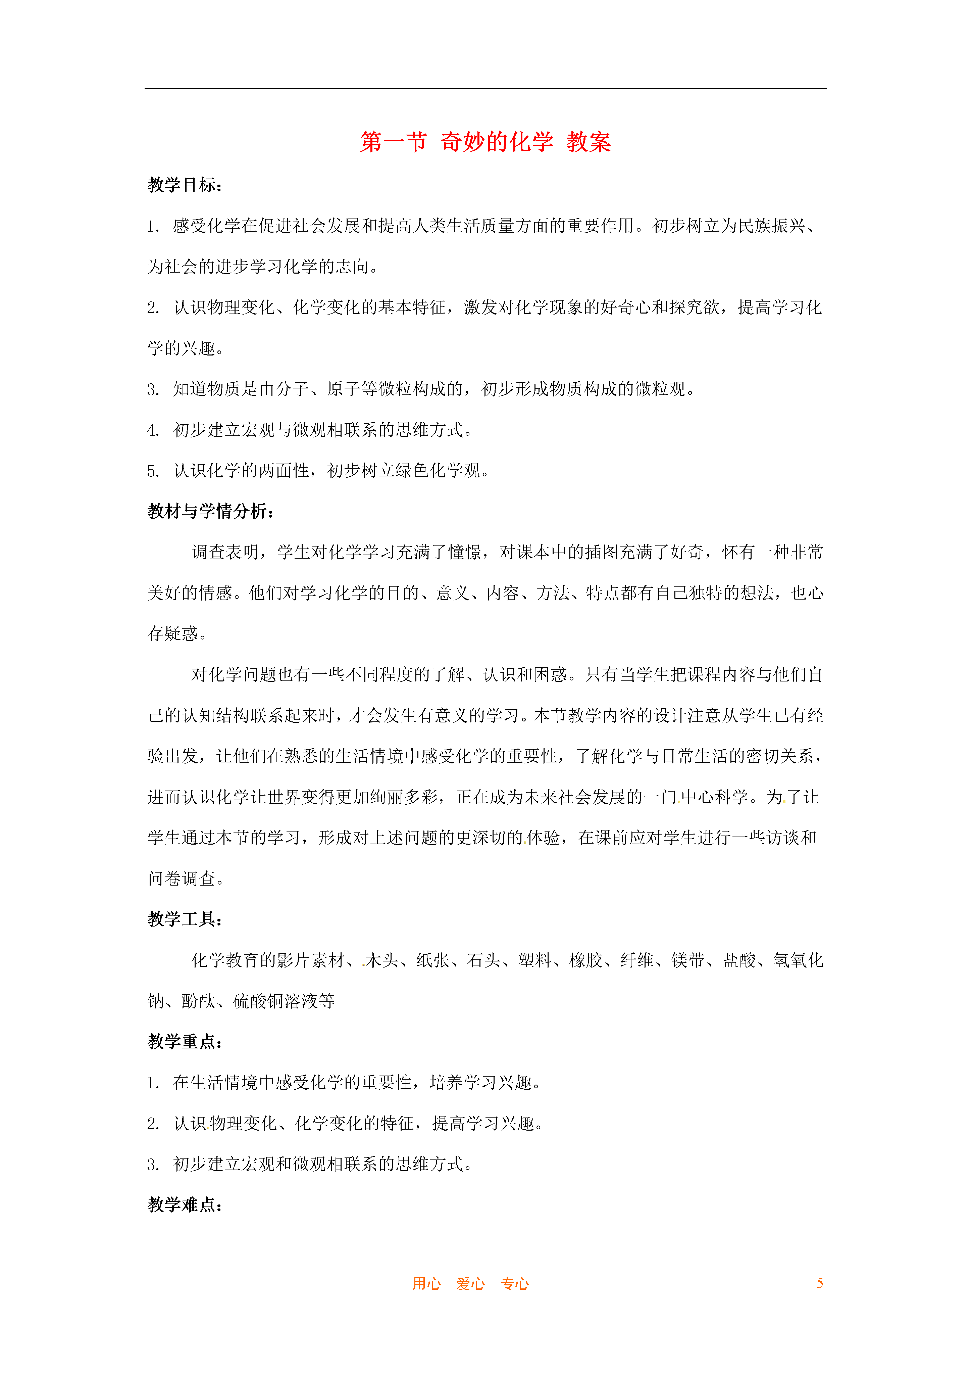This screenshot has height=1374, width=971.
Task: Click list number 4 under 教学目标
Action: [153, 430]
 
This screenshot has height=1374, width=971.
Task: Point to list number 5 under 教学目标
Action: [153, 471]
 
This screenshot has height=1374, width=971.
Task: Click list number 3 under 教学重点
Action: [153, 1165]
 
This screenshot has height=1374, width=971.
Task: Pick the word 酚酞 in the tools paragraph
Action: [198, 1001]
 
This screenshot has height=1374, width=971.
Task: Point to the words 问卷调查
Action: [181, 879]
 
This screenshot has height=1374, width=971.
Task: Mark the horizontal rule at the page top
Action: [485, 89]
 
